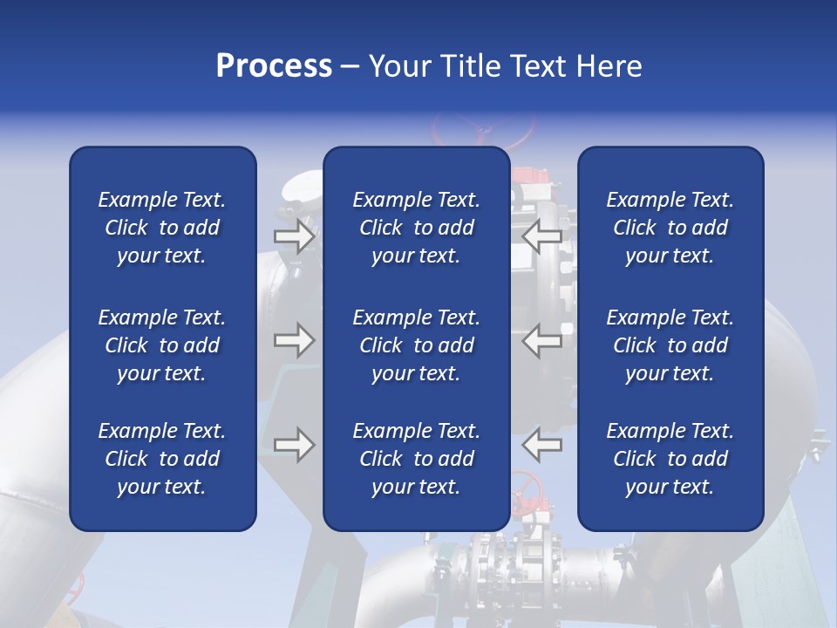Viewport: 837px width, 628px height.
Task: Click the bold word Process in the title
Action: click(274, 65)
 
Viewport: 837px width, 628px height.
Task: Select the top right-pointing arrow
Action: click(294, 235)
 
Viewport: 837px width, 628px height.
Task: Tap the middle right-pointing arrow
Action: click(294, 339)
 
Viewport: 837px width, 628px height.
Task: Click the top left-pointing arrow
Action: click(541, 235)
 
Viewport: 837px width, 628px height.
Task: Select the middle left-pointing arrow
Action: click(541, 339)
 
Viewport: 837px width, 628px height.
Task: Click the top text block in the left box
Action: click(162, 228)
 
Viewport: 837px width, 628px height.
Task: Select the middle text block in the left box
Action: click(162, 345)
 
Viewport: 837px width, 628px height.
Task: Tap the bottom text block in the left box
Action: click(162, 459)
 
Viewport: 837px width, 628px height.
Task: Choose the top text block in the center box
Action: click(416, 228)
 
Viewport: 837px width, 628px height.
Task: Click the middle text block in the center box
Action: click(416, 345)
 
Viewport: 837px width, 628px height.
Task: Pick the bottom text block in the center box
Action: click(416, 459)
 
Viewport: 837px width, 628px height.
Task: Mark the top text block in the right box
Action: click(670, 228)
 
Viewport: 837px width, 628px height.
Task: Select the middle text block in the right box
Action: click(670, 345)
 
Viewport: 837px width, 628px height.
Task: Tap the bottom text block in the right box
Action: click(670, 459)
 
